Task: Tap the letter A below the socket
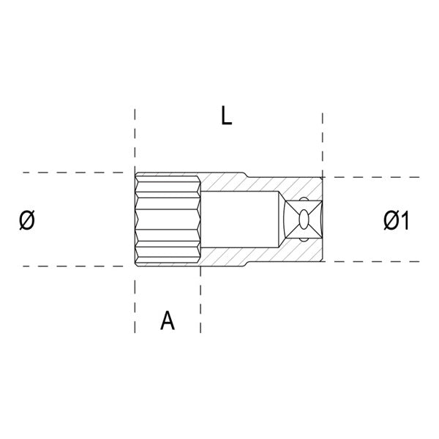pyautogui.click(x=168, y=320)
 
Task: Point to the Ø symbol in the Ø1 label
pyautogui.click(x=389, y=219)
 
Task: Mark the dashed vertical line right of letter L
pyautogui.click(x=322, y=139)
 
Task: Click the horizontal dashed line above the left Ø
pyautogui.click(x=66, y=173)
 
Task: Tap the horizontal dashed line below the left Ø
pyautogui.click(x=66, y=266)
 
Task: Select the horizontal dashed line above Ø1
pyautogui.click(x=373, y=177)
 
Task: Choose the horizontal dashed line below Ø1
pyautogui.click(x=373, y=260)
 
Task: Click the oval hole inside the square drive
pyautogui.click(x=302, y=219)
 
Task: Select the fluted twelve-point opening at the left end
pyautogui.click(x=167, y=219)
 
